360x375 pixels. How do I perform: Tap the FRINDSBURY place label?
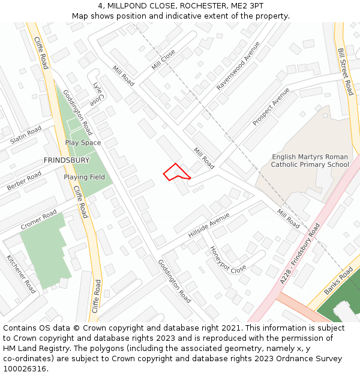pyautogui.click(x=67, y=160)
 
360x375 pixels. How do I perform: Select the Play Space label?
pyautogui.click(x=83, y=143)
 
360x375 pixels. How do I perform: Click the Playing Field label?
pyautogui.click(x=85, y=177)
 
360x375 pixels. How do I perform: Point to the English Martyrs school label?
pyautogui.click(x=310, y=161)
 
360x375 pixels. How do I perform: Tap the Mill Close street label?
pyautogui.click(x=163, y=59)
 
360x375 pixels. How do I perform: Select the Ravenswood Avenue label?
pyautogui.click(x=238, y=66)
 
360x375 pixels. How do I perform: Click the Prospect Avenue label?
pyautogui.click(x=271, y=106)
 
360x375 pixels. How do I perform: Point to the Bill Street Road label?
pyautogui.click(x=345, y=72)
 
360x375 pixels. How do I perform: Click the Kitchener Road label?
pyautogui.click(x=22, y=274)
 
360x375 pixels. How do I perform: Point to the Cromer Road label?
pyautogui.click(x=38, y=220)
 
